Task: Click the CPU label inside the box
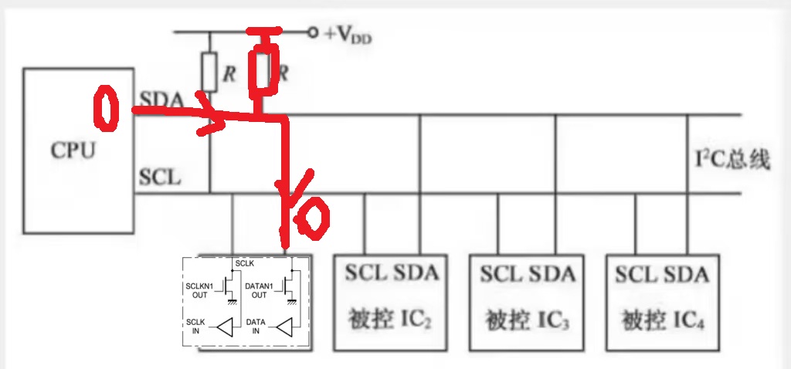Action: (73, 149)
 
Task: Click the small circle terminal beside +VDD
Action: (312, 32)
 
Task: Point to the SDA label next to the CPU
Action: (161, 99)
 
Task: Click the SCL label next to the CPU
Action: (160, 178)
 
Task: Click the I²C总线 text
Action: (732, 161)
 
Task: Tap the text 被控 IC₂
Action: (391, 317)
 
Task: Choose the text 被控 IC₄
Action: (664, 317)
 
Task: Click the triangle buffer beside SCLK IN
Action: (224, 327)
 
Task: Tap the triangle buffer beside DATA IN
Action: (287, 327)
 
